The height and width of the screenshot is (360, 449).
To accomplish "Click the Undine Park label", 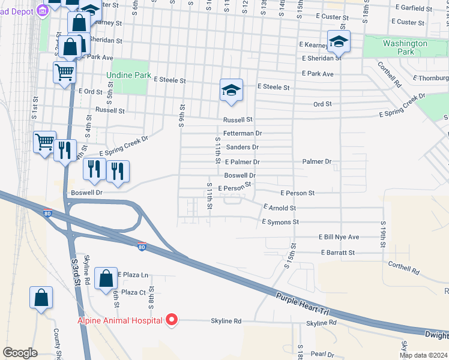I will [x=128, y=76].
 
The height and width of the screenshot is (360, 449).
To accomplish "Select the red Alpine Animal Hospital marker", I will [x=172, y=320].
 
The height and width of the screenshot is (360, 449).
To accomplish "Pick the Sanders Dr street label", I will [x=242, y=147].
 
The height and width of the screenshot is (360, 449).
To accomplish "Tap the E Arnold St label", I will [x=280, y=208].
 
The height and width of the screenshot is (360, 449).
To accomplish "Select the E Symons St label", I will [x=280, y=222].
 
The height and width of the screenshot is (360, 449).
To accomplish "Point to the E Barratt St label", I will [x=335, y=253].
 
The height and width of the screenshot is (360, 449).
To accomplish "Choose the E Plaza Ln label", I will [x=133, y=274].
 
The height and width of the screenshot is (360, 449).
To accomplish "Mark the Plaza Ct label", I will [x=133, y=292].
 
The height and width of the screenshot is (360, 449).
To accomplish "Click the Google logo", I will [x=20, y=353].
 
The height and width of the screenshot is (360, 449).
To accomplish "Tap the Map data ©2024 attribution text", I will [x=423, y=355].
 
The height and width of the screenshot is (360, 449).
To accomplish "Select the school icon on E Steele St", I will [x=231, y=90].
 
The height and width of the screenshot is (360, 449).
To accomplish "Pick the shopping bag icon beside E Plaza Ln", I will [x=106, y=278].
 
